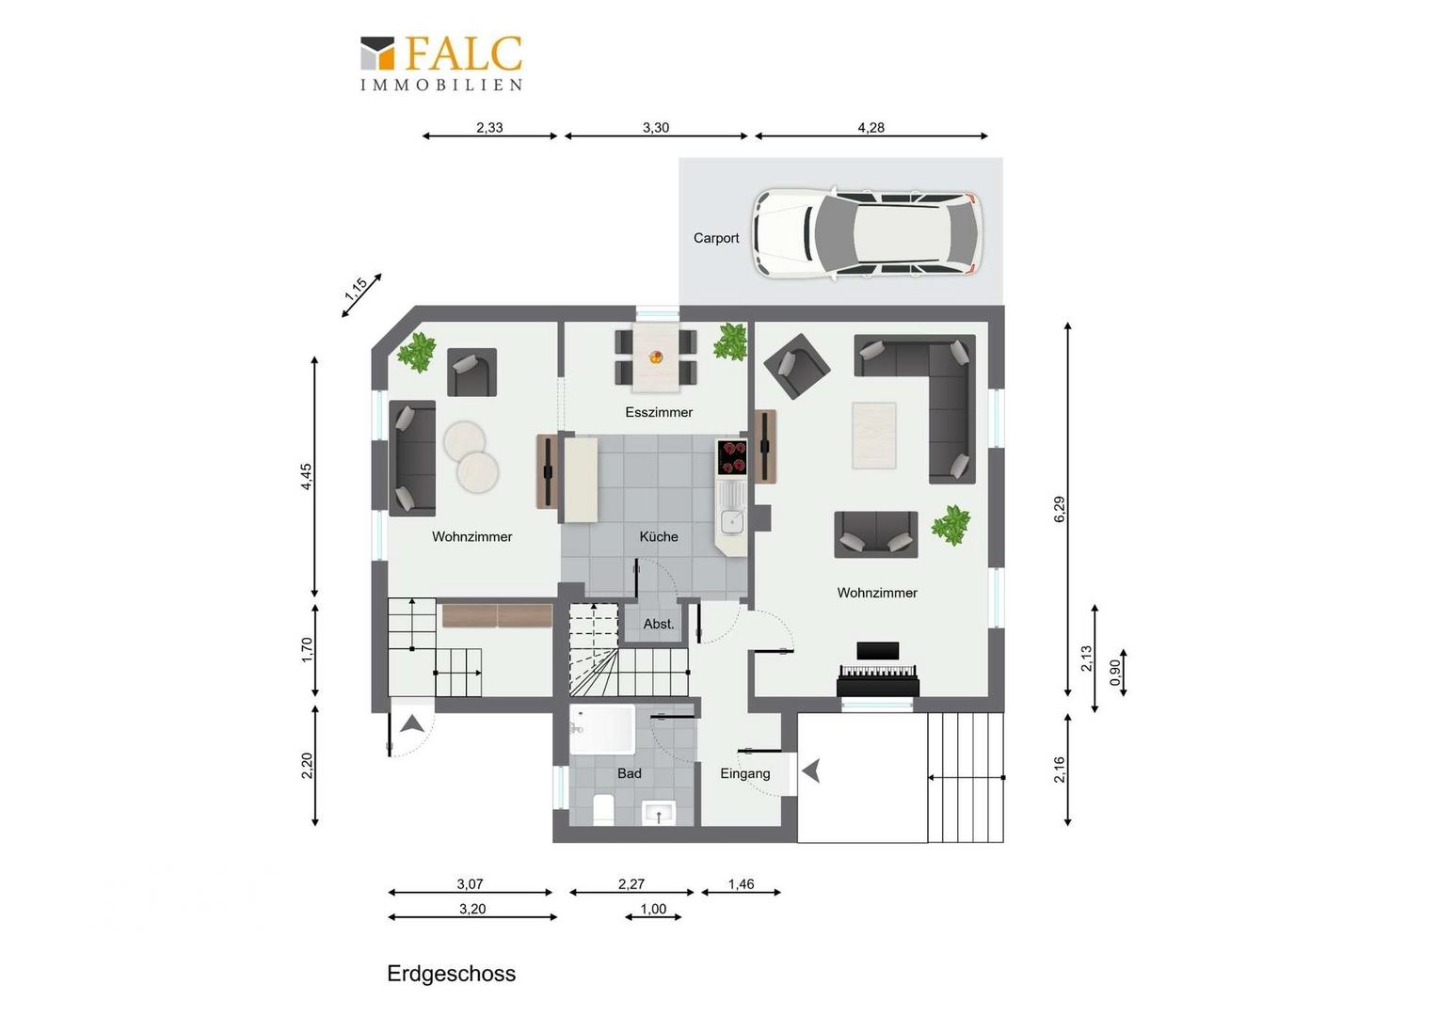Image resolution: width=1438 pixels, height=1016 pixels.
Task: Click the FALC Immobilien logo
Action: point(441,63)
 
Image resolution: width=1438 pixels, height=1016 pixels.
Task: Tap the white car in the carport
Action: point(868,234)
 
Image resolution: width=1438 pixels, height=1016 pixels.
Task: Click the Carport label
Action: point(716,238)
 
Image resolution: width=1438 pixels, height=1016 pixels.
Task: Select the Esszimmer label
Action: point(659,412)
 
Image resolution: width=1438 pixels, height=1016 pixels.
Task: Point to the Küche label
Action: point(659,536)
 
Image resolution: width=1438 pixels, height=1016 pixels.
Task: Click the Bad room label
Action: point(629,773)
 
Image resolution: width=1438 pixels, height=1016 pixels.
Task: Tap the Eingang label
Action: point(744,774)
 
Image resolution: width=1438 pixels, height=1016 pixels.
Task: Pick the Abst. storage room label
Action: point(659,624)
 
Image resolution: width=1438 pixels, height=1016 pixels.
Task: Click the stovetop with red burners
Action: point(732,456)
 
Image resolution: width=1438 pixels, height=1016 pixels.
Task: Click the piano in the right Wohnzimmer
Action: point(877,670)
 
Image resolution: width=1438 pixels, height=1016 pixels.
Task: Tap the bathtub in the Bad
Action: point(602,729)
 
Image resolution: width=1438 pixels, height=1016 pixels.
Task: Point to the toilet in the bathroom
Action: point(603,810)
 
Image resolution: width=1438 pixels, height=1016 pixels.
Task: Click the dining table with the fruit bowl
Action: point(656,357)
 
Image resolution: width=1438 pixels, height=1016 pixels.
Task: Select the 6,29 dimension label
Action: point(1060,509)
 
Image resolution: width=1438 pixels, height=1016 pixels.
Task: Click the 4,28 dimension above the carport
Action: point(871,128)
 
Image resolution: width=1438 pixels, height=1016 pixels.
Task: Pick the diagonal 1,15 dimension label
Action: point(356,289)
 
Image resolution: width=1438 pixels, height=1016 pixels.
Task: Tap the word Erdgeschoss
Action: point(452,974)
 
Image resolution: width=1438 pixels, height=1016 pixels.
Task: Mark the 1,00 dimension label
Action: point(653,909)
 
